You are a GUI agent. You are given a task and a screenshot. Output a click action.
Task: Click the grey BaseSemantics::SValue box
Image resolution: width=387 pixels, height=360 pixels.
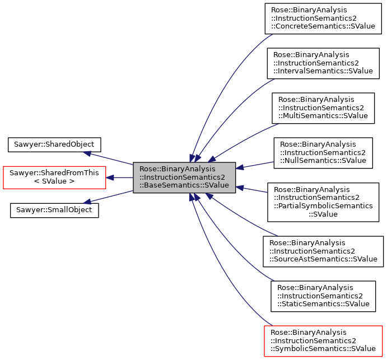(x=184, y=177)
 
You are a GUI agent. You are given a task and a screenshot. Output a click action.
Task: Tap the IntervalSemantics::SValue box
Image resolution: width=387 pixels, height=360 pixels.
(x=323, y=63)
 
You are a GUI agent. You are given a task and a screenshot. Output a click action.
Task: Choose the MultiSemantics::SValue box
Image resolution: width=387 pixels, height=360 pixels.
(x=323, y=108)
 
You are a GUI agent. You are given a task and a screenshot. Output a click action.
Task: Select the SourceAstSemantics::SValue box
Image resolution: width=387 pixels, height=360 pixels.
(x=323, y=251)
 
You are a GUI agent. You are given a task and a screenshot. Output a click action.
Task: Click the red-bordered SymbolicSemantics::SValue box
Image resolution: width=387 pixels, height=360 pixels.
(x=323, y=340)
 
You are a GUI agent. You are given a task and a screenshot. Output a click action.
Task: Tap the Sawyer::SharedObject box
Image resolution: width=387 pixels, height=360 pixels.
(x=54, y=144)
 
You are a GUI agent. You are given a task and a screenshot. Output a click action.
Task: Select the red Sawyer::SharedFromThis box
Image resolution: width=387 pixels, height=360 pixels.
(x=54, y=177)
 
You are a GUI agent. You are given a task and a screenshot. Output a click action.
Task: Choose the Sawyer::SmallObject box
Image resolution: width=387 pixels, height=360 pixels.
(x=54, y=211)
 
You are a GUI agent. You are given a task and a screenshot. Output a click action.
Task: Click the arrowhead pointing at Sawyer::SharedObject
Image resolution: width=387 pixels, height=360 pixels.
(x=87, y=152)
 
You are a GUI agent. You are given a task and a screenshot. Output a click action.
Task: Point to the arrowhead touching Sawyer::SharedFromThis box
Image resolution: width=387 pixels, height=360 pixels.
(x=110, y=177)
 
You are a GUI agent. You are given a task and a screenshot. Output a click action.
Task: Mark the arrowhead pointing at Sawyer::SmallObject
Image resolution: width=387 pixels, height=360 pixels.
(x=86, y=203)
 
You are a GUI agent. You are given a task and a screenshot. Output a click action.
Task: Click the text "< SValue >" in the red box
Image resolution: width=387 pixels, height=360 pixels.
(x=54, y=182)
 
